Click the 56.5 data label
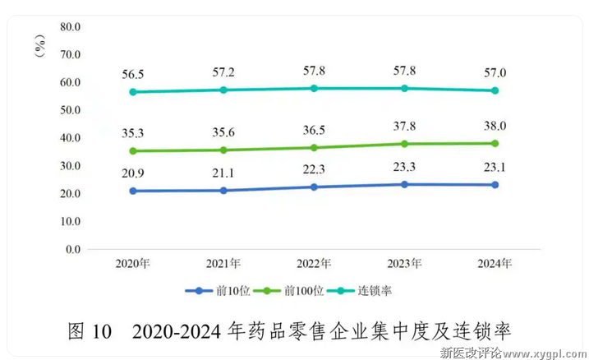click(x=132, y=72)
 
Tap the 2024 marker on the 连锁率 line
click(x=495, y=90)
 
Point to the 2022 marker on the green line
click(x=314, y=148)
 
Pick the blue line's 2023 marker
click(x=404, y=184)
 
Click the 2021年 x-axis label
click(x=223, y=264)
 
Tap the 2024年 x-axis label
click(x=495, y=264)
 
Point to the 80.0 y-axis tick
click(x=71, y=26)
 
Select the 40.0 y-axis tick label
click(x=71, y=137)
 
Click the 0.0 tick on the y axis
click(x=73, y=249)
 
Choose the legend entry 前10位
click(x=218, y=291)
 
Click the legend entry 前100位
click(x=293, y=291)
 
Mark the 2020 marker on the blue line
click(x=132, y=191)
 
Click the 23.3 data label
click(x=404, y=166)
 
